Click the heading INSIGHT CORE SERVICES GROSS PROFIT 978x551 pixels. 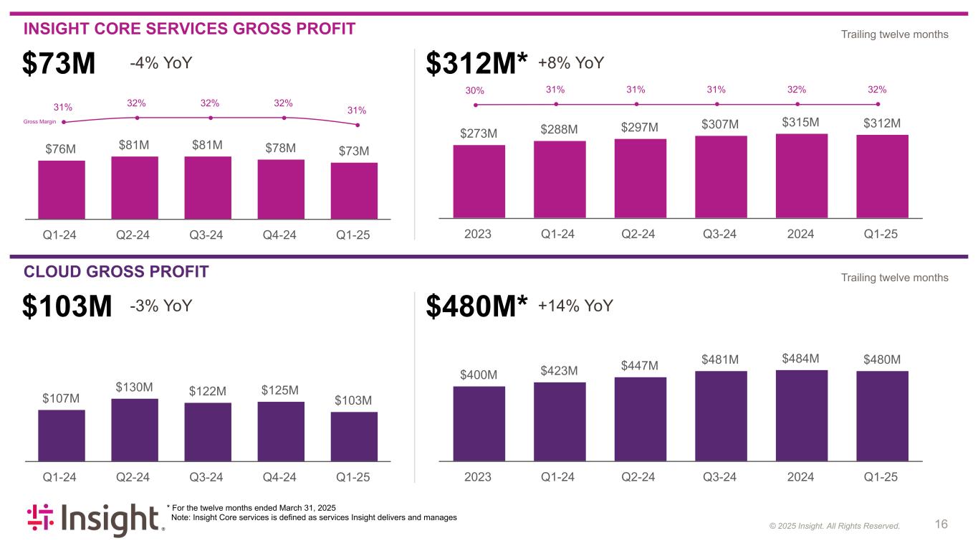pyautogui.click(x=189, y=29)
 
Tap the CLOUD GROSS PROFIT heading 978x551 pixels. pyautogui.click(x=116, y=271)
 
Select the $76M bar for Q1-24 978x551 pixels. pyautogui.click(x=62, y=189)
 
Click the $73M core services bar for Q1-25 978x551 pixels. pyautogui.click(x=354, y=191)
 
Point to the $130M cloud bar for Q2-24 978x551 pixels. pyautogui.click(x=135, y=429)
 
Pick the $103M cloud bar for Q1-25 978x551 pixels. pyautogui.click(x=354, y=435)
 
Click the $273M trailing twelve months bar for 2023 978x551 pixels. pyautogui.click(x=479, y=181)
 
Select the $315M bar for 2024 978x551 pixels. pyautogui.click(x=802, y=176)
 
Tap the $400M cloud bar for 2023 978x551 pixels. pyautogui.click(x=479, y=423)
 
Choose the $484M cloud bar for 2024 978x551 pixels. pyautogui.click(x=802, y=415)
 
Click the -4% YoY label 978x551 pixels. pyautogui.click(x=161, y=63)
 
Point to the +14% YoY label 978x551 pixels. pyautogui.click(x=575, y=306)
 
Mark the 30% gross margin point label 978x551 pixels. pyautogui.click(x=475, y=91)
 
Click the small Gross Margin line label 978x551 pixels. pyautogui.click(x=40, y=122)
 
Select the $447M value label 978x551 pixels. pyautogui.click(x=640, y=366)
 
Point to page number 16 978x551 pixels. pyautogui.click(x=941, y=524)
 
